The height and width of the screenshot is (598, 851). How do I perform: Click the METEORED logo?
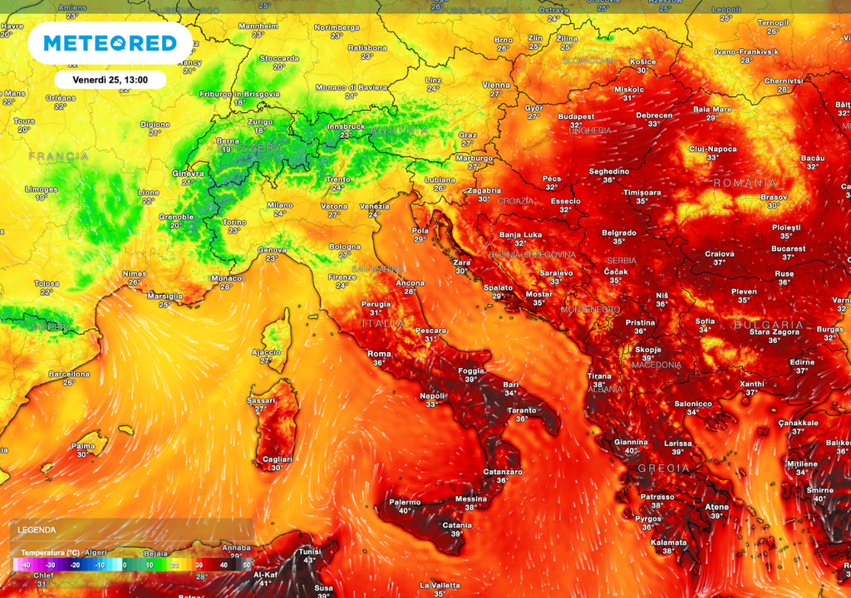click(111, 43)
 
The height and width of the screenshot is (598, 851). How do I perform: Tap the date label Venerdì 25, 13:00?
click(111, 80)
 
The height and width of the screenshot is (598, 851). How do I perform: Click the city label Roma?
click(379, 354)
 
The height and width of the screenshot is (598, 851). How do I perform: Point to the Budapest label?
click(576, 117)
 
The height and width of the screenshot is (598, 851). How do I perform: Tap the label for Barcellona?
click(68, 374)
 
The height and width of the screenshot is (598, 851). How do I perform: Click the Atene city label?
click(716, 507)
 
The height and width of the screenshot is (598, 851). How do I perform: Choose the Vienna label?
click(496, 85)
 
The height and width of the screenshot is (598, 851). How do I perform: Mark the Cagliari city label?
click(278, 459)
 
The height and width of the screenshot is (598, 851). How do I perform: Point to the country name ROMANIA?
click(745, 183)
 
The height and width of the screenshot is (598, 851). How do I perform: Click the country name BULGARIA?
click(769, 325)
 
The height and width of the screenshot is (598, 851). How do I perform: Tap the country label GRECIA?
click(662, 468)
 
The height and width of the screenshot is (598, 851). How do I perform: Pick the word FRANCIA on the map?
click(58, 156)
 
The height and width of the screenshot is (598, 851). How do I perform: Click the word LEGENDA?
click(37, 529)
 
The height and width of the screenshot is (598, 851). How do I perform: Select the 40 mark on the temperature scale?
click(222, 565)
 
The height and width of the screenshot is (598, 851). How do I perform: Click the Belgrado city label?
click(618, 233)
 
